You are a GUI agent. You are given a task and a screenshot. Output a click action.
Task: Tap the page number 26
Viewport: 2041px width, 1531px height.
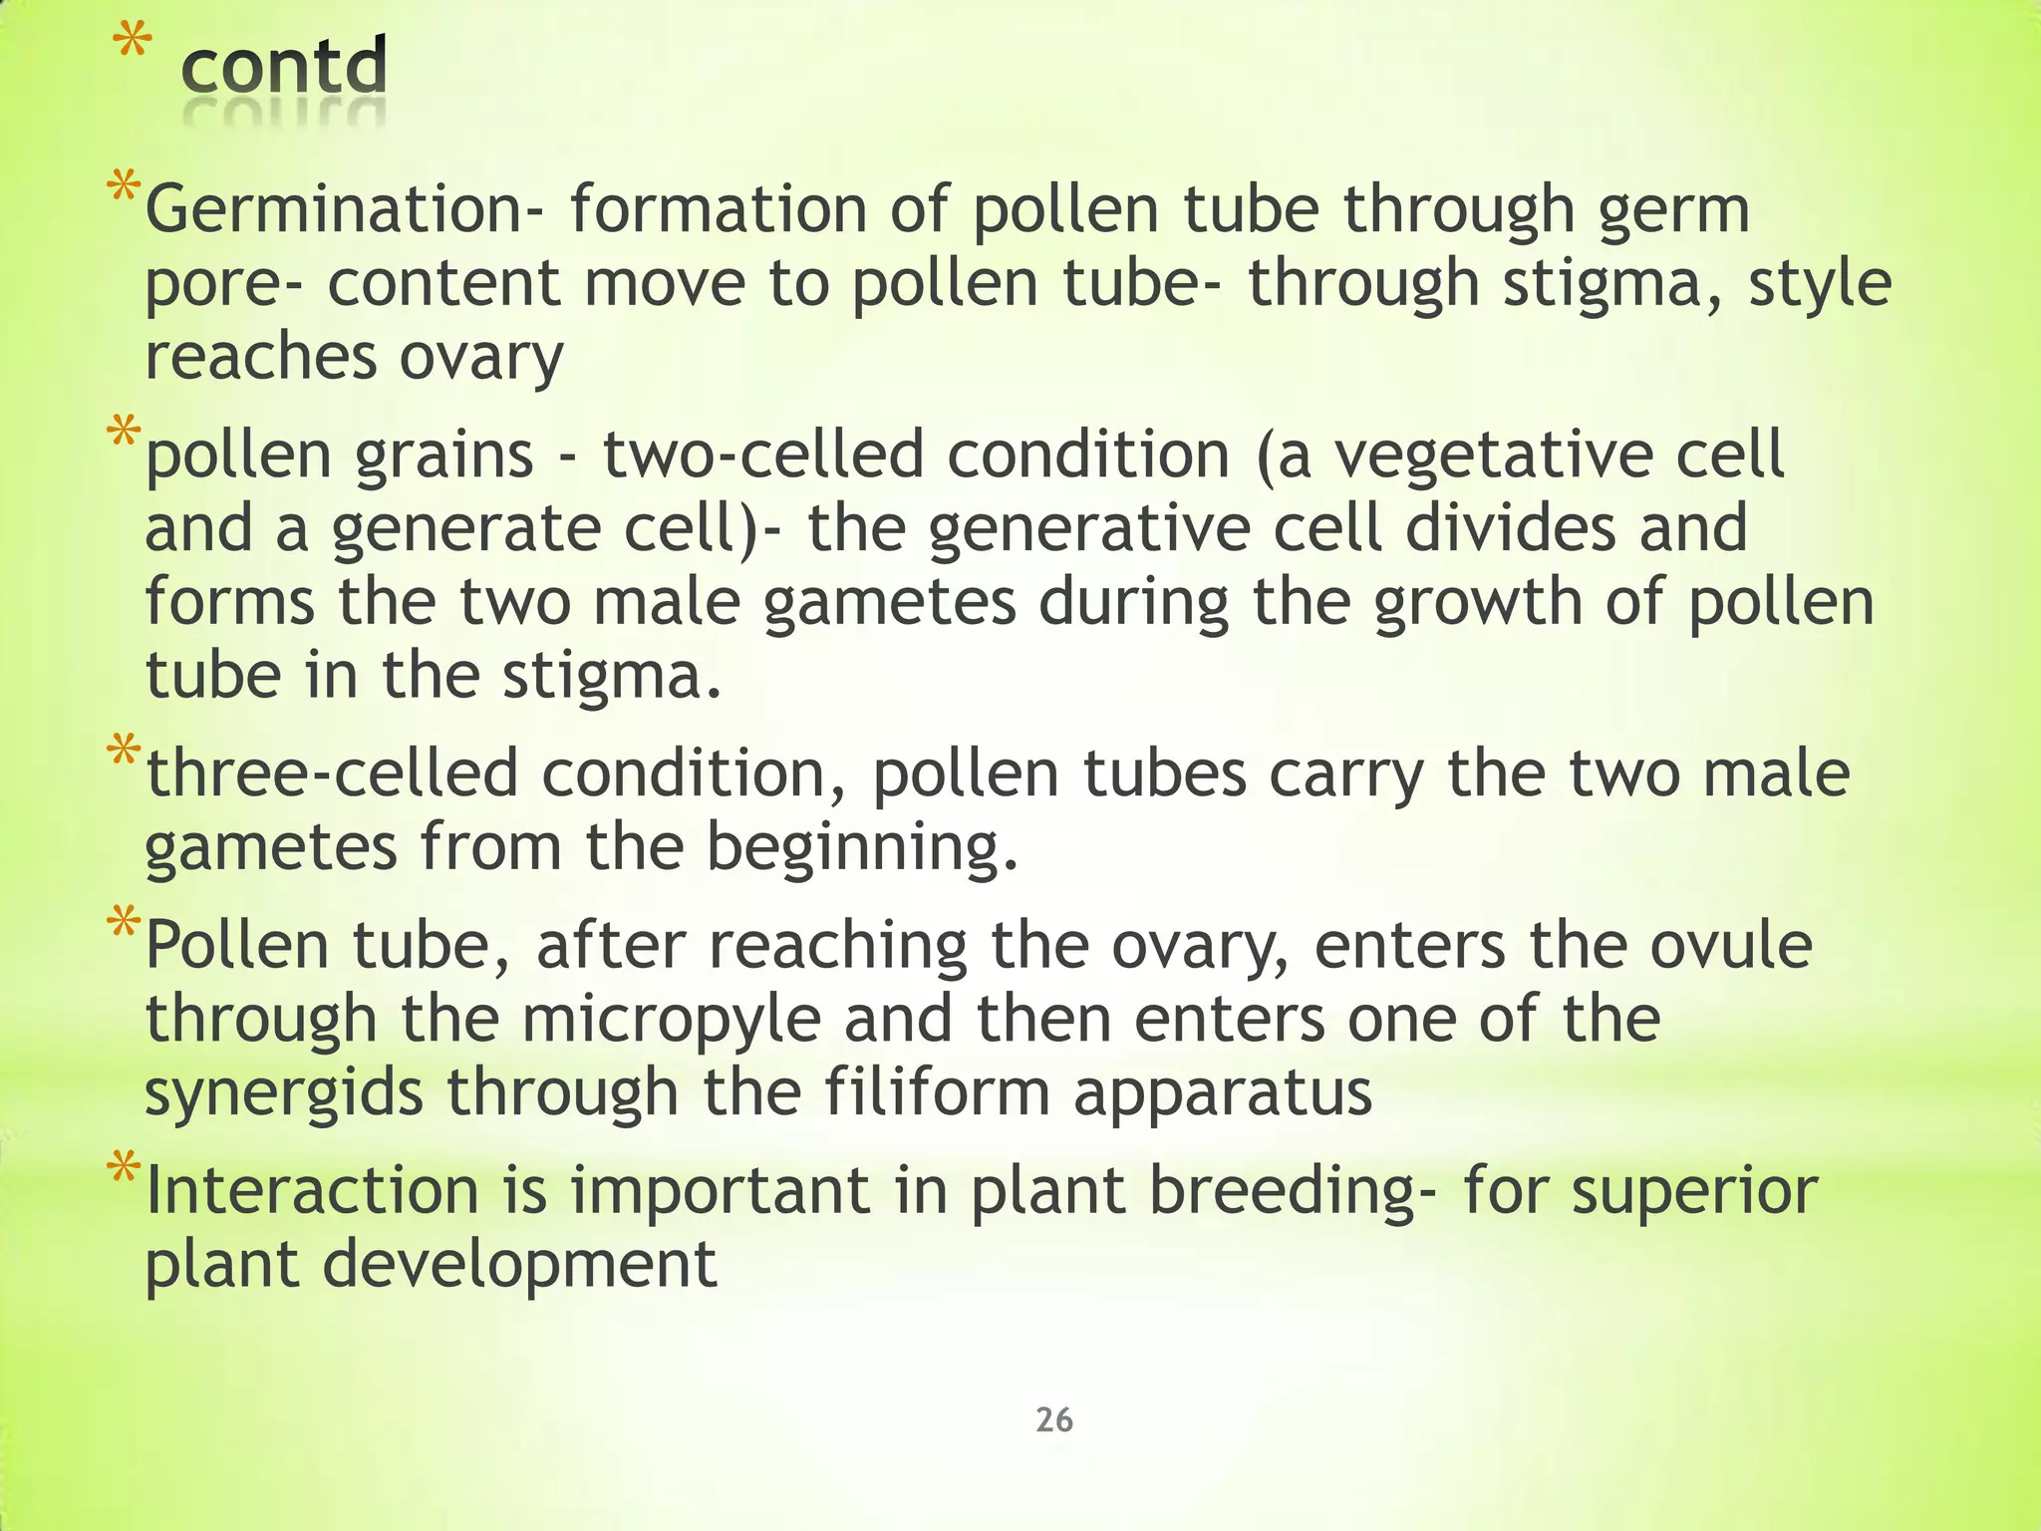(x=1054, y=1419)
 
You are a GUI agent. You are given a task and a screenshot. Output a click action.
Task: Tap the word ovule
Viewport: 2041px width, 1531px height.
(x=1731, y=945)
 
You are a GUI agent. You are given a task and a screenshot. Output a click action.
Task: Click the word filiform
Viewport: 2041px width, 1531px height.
(x=936, y=1092)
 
